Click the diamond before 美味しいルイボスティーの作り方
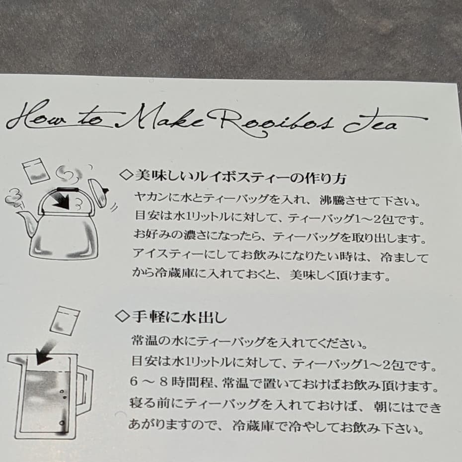pos(126,175)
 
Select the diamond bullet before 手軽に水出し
pos(122,317)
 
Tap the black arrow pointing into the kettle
pos(62,200)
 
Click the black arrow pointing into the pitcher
pos(45,353)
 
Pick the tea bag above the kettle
pos(36,170)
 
